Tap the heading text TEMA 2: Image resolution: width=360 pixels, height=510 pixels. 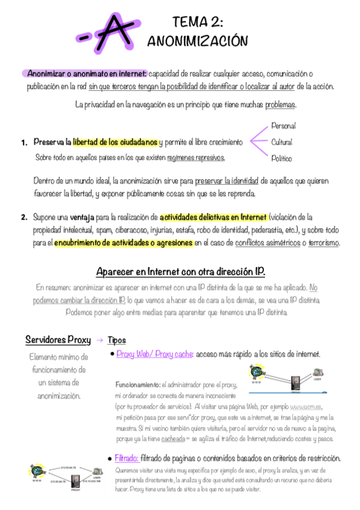(198, 23)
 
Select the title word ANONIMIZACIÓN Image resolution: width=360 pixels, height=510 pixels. (198, 41)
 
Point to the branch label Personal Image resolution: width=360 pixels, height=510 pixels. (284, 126)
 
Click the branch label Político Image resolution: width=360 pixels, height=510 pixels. (281, 159)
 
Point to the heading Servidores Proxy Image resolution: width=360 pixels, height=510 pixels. (58, 340)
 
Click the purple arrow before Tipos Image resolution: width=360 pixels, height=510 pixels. (100, 340)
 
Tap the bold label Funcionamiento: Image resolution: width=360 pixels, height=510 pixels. (138, 384)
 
